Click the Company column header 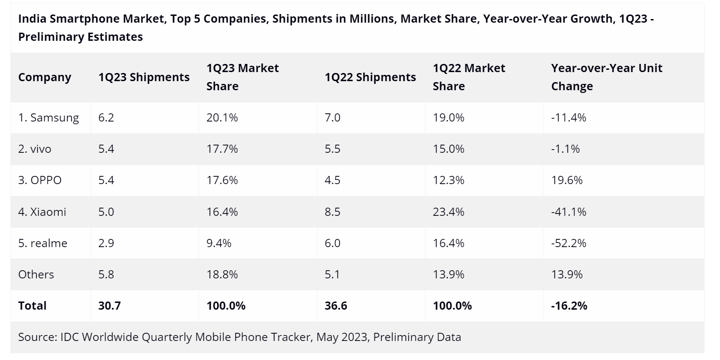tap(44, 78)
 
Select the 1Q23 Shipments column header tap(144, 78)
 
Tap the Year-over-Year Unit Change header tap(607, 77)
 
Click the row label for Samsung tap(49, 118)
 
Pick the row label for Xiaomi tap(42, 212)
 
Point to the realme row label tap(43, 243)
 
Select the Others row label tap(36, 274)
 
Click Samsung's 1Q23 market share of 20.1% tap(222, 118)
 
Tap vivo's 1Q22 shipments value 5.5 tap(332, 149)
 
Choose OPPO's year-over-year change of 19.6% tap(567, 180)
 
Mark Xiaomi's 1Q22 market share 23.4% tap(448, 212)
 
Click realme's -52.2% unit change tap(568, 243)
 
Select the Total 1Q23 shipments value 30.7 tap(109, 306)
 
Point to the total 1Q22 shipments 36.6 tap(336, 306)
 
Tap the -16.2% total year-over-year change tap(569, 306)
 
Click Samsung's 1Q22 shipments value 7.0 tap(332, 118)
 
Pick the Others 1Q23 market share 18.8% tap(222, 274)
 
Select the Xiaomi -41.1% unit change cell tap(568, 212)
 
